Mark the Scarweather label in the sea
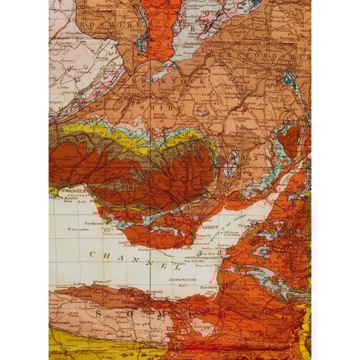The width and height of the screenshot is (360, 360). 80,229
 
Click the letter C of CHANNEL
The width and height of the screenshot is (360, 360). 92,254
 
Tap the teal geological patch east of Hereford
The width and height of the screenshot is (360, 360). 289,78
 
